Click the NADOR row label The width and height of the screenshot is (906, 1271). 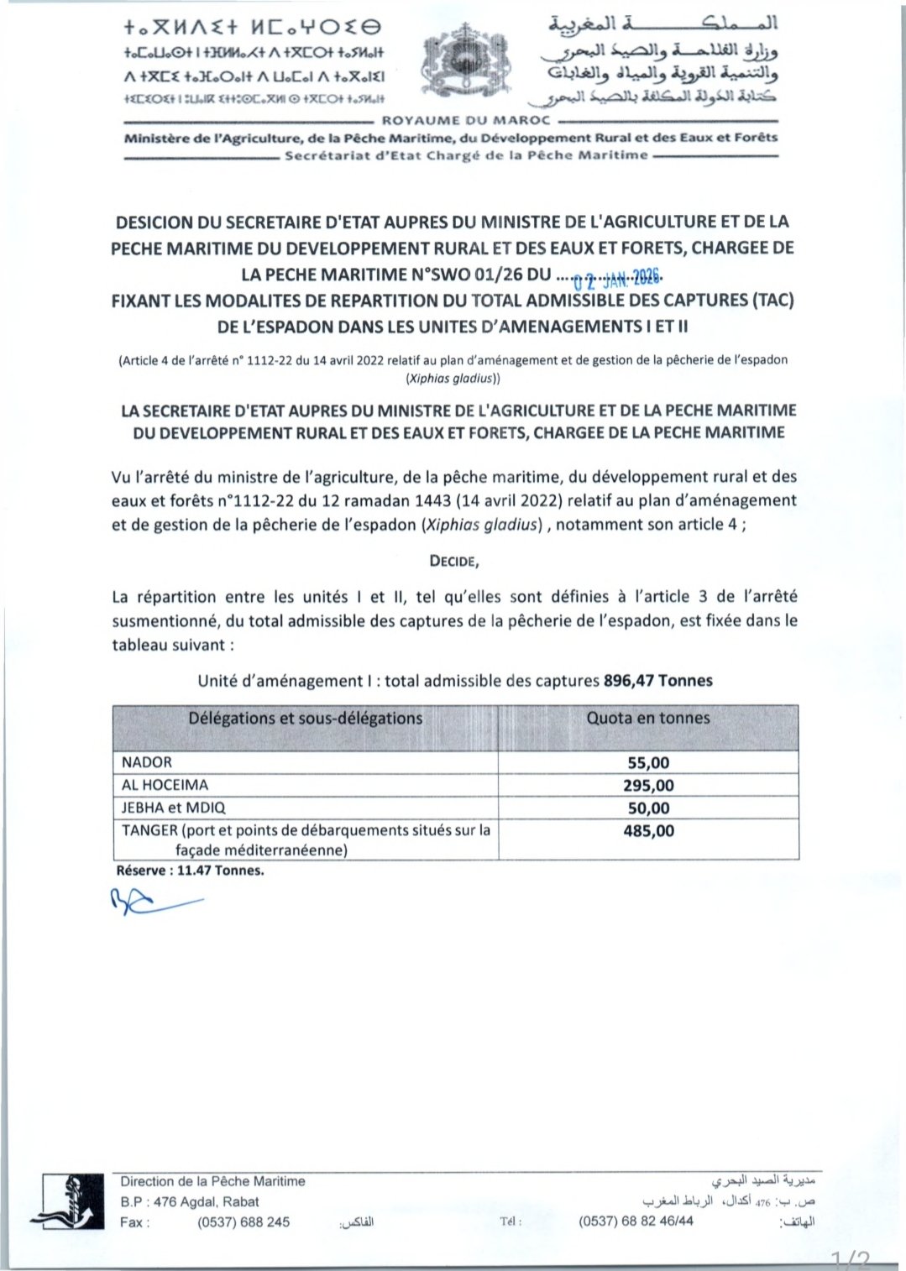click(x=147, y=762)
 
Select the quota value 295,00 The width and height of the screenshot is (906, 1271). click(x=648, y=786)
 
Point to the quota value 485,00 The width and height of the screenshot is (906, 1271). click(x=648, y=831)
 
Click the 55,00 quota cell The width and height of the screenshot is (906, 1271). click(x=648, y=763)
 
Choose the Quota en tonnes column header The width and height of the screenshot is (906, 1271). click(x=648, y=719)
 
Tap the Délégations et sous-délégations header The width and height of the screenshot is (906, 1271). click(x=305, y=719)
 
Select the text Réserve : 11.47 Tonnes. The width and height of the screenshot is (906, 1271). click(x=190, y=871)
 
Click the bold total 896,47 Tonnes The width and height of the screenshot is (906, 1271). click(x=657, y=681)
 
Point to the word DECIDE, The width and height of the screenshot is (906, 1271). click(x=454, y=561)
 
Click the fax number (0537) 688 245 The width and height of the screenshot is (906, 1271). click(x=244, y=1222)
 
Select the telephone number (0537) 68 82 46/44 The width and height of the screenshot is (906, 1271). click(x=636, y=1221)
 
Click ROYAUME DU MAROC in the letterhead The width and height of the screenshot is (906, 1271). click(x=466, y=121)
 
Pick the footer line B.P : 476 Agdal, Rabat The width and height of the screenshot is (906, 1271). click(x=190, y=1201)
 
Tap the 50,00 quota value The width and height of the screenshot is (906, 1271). click(x=648, y=808)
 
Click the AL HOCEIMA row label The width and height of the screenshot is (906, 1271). click(x=165, y=785)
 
